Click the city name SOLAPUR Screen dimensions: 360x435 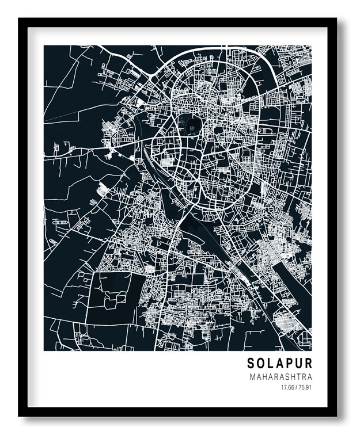coord(279,364)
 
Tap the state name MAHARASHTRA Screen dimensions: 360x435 coord(281,376)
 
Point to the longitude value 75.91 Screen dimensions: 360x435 coord(305,387)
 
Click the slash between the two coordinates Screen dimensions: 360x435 coord(295,387)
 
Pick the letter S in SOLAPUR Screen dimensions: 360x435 coord(251,364)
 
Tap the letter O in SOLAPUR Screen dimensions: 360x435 coord(261,364)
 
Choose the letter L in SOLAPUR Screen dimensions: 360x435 coord(271,364)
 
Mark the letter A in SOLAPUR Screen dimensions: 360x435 coord(279,364)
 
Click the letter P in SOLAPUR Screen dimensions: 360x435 coord(289,364)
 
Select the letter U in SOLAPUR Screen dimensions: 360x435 coord(298,364)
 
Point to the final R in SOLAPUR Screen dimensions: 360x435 coord(308,364)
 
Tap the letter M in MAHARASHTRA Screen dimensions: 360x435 coord(252,376)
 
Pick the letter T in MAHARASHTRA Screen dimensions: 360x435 coord(298,376)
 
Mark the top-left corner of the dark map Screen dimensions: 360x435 coord(44,45)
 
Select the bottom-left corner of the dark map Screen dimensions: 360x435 coord(44,350)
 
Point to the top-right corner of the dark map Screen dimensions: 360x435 coord(312,45)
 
